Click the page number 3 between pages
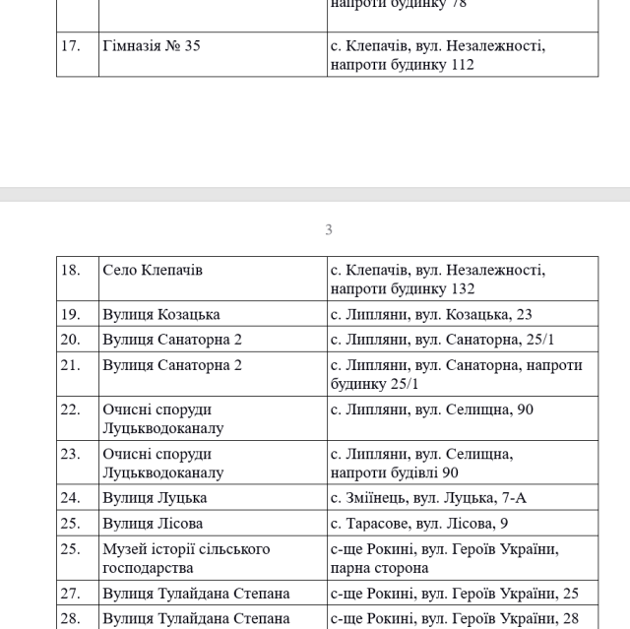pos(329,230)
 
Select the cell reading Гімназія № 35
pos(152,45)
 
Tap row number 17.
pos(71,45)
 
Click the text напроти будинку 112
pos(403,65)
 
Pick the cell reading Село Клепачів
pos(153,270)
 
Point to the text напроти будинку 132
pos(403,289)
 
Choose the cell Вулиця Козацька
pos(161,314)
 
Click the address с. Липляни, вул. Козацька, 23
pos(432,314)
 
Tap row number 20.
pos(71,340)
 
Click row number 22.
pos(71,409)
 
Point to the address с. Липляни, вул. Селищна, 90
pos(431,409)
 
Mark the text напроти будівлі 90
pos(395,472)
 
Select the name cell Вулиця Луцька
pos(155,498)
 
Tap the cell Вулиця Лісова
pos(154,524)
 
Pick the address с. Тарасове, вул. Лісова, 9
pos(419,524)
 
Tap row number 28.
pos(71,617)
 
